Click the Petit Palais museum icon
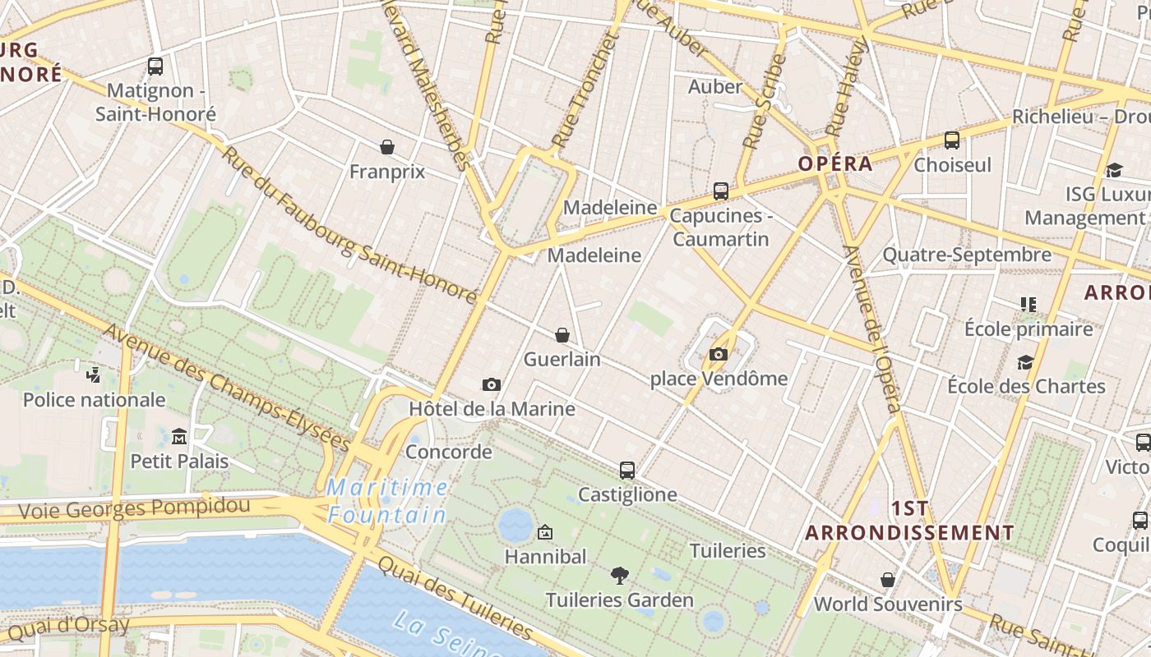(x=179, y=436)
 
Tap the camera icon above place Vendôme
(x=719, y=355)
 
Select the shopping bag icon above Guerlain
(x=562, y=335)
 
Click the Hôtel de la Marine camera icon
(x=492, y=384)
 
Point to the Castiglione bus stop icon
(x=627, y=471)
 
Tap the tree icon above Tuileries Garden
(x=620, y=576)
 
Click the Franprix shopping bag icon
(x=387, y=147)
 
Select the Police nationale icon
(x=94, y=375)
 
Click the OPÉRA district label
(x=834, y=163)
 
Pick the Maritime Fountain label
(x=388, y=501)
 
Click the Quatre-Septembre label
(x=967, y=255)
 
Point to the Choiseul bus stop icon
(x=952, y=140)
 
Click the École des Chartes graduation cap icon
(x=1025, y=362)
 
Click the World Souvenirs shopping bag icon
(x=888, y=580)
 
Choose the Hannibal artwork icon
(x=544, y=532)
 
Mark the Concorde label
(x=449, y=452)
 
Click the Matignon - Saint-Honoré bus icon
(x=155, y=67)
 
